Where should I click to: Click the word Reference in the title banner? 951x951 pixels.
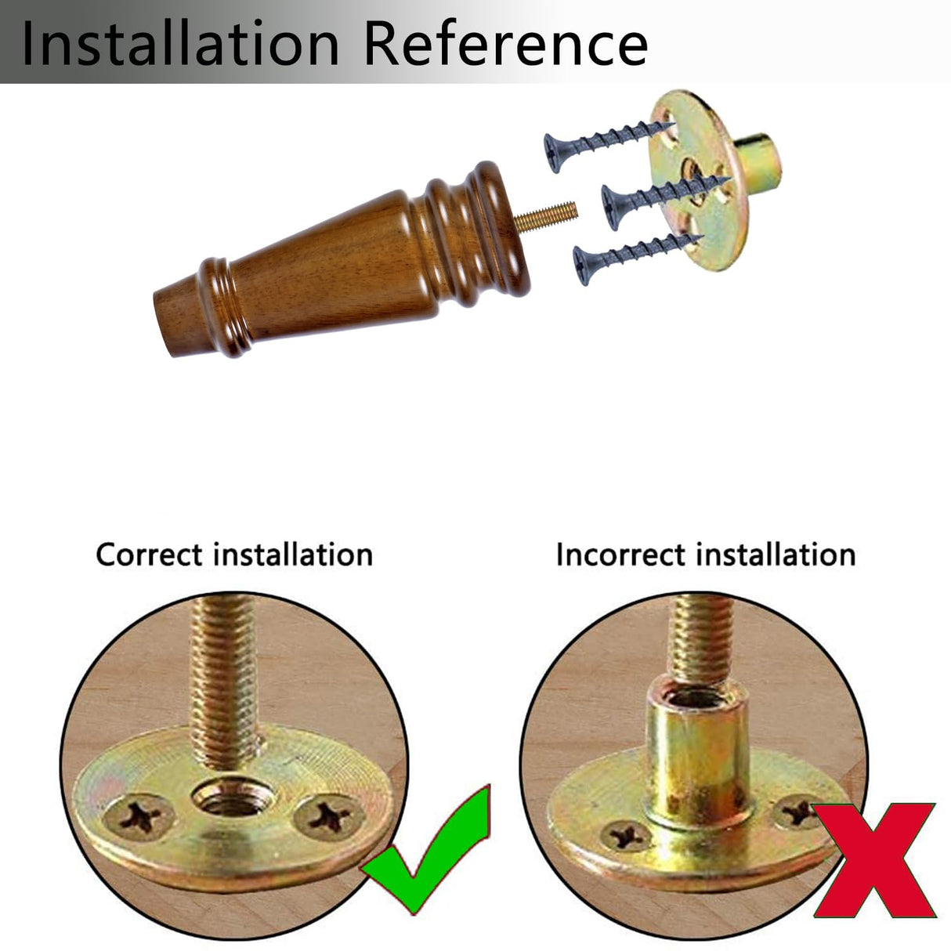[x=506, y=43]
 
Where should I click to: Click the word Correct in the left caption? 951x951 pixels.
[x=150, y=555]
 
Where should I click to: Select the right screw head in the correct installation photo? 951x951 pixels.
[x=329, y=815]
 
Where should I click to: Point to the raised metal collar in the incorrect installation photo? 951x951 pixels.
[x=697, y=754]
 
